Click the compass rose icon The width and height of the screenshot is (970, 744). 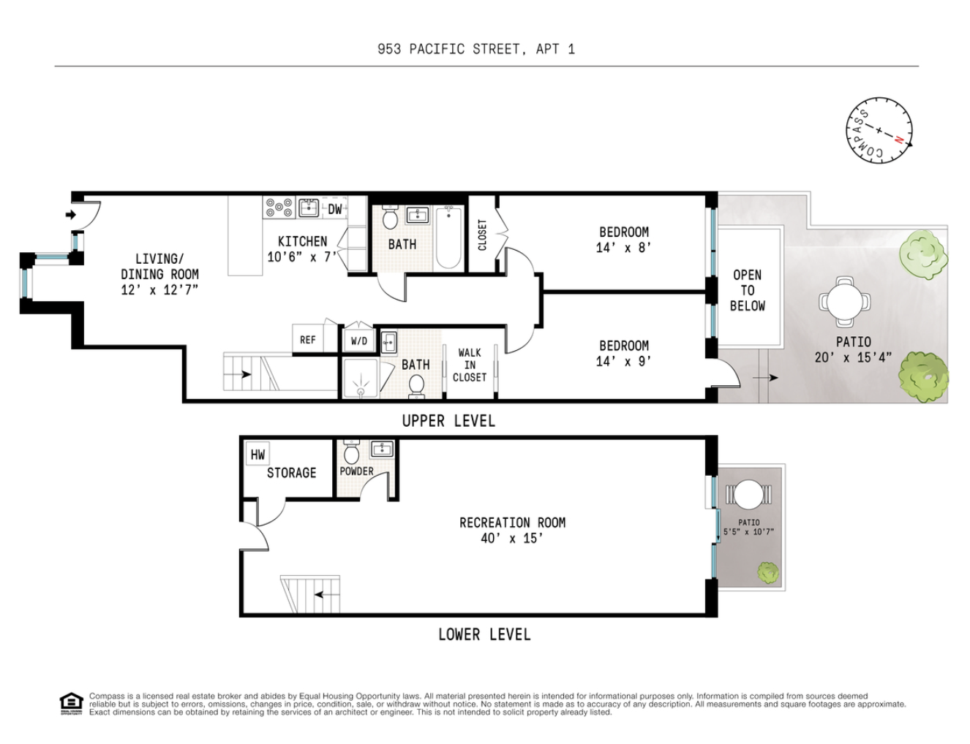(x=879, y=130)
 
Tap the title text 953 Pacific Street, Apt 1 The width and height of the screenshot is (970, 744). (x=475, y=49)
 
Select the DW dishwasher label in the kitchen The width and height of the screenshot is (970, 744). (x=334, y=209)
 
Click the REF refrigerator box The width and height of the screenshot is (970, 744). (x=308, y=340)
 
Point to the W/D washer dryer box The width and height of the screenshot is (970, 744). (x=358, y=341)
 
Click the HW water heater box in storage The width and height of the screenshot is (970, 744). (x=257, y=455)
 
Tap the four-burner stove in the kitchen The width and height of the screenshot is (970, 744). (x=279, y=208)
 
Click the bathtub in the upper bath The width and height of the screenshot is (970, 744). (x=448, y=238)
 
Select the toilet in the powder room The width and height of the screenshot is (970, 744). (x=351, y=454)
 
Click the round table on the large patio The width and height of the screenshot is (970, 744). (x=845, y=300)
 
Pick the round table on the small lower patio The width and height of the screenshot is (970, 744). (x=748, y=496)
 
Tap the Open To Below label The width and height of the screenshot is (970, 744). (x=747, y=290)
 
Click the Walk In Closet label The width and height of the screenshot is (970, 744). (x=469, y=365)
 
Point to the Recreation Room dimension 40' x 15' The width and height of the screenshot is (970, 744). (x=511, y=539)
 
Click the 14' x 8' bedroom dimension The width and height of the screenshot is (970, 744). (x=623, y=248)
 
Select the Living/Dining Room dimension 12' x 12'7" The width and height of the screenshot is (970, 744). (x=159, y=289)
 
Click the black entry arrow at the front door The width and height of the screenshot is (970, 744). (x=71, y=215)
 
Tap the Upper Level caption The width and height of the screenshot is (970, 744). (x=448, y=421)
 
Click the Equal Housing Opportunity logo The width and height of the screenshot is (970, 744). (x=71, y=703)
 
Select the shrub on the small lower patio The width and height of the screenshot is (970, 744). (x=767, y=572)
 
